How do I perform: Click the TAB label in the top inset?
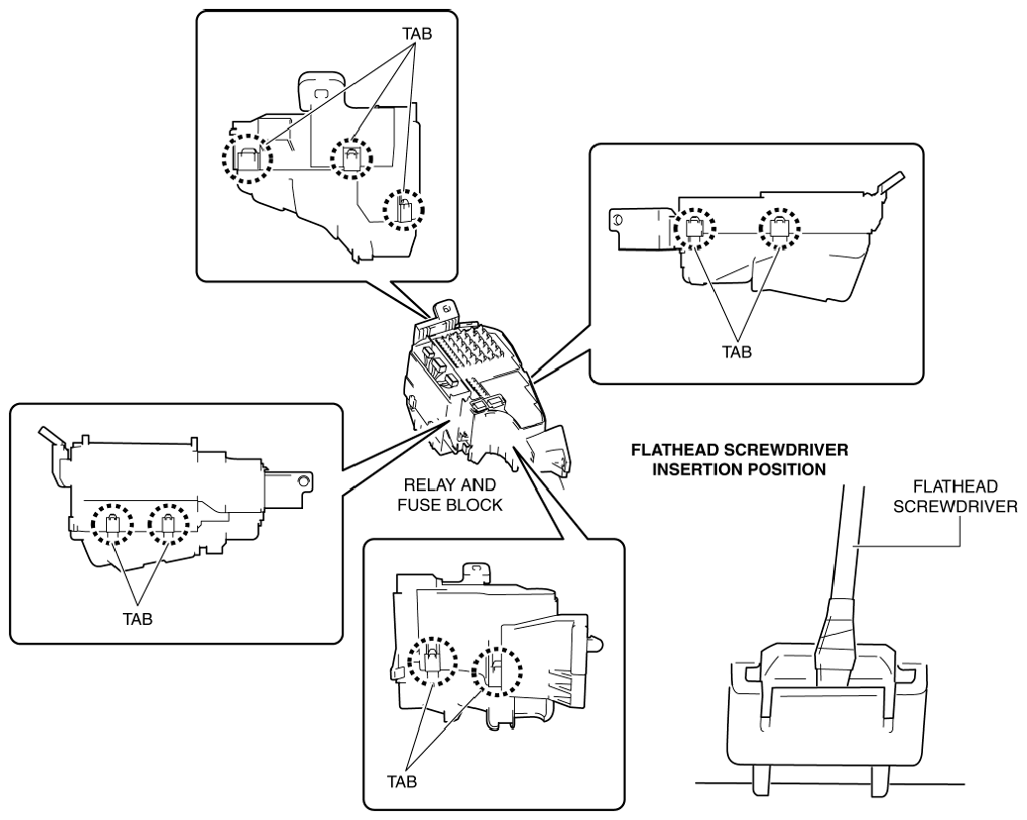(417, 34)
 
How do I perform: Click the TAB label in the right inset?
(737, 352)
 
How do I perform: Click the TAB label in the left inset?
(138, 618)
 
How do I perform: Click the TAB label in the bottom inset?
(401, 781)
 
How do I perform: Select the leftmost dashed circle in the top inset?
(223, 158)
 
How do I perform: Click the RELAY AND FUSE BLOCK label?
(450, 495)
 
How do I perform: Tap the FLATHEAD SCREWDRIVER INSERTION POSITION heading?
(740, 460)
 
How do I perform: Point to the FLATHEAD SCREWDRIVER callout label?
(955, 496)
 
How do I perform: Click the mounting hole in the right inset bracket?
(616, 221)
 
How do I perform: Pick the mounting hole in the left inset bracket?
(303, 480)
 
